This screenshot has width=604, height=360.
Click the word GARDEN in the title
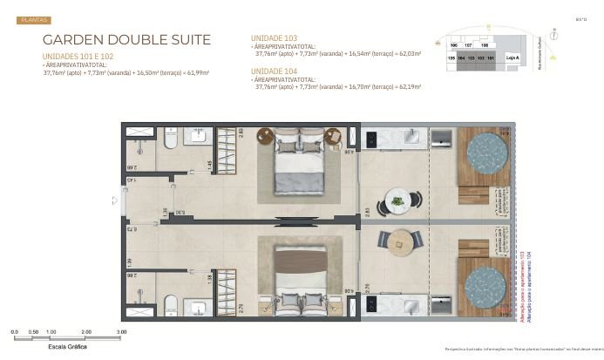[x=74, y=40]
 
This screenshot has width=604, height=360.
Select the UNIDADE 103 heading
[x=274, y=38]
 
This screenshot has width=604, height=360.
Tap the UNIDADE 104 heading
[x=274, y=71]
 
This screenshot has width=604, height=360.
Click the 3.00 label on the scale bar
[x=122, y=332]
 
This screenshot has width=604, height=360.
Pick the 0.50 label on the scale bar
[x=33, y=332]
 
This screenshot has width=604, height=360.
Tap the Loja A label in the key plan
[x=512, y=57]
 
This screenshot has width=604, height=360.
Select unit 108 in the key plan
[x=485, y=44]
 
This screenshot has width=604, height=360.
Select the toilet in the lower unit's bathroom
[x=171, y=303]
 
